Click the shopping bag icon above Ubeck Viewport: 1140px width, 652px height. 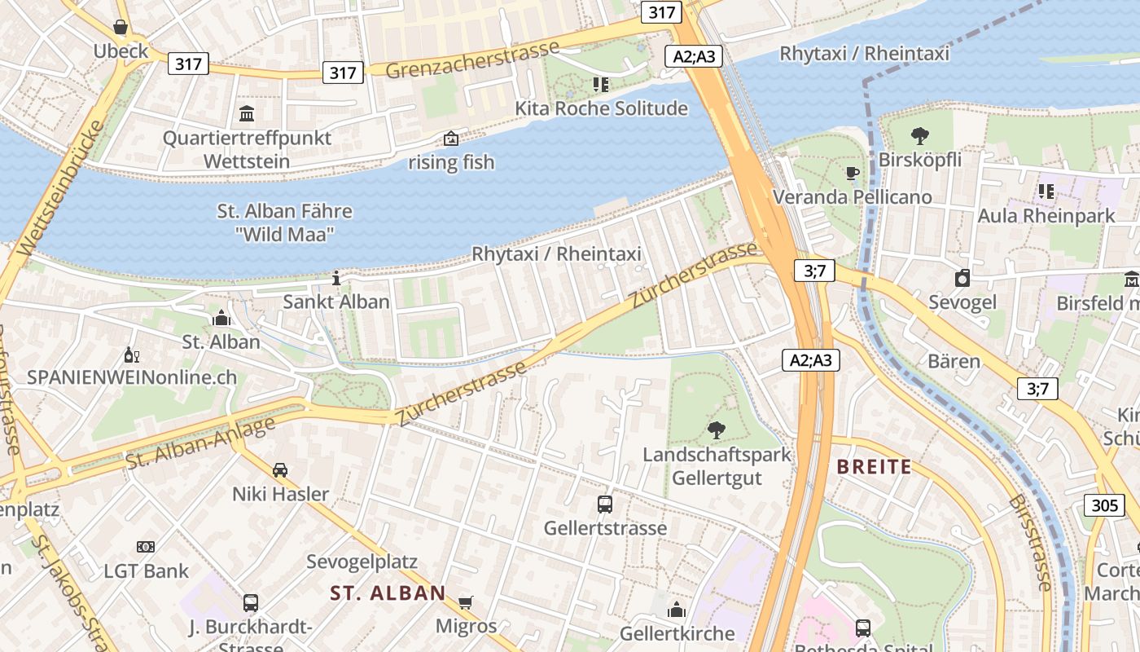tap(121, 28)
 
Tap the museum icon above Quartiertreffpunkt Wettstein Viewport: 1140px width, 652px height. tap(247, 113)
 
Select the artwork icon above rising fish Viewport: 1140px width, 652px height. tap(450, 139)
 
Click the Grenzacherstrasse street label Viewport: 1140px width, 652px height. tap(472, 59)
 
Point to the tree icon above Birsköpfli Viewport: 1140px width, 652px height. tap(919, 135)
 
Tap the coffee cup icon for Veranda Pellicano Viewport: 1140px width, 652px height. tap(852, 173)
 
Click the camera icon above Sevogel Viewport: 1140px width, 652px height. tap(962, 278)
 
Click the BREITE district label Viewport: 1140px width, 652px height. tap(874, 467)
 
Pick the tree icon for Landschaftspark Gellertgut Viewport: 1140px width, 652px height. tap(717, 430)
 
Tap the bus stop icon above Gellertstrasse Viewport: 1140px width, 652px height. tap(604, 504)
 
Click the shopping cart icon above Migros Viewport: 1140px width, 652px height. tap(465, 602)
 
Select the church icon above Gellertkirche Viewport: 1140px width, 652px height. tap(677, 610)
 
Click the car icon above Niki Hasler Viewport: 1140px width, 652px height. tap(280, 470)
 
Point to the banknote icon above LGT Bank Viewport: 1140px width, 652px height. tap(146, 547)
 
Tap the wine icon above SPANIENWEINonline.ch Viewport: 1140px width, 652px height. tap(131, 355)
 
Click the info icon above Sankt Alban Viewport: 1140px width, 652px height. tap(335, 278)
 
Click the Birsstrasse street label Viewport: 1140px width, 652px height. tap(1030, 542)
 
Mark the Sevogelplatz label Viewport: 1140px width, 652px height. tap(362, 562)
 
